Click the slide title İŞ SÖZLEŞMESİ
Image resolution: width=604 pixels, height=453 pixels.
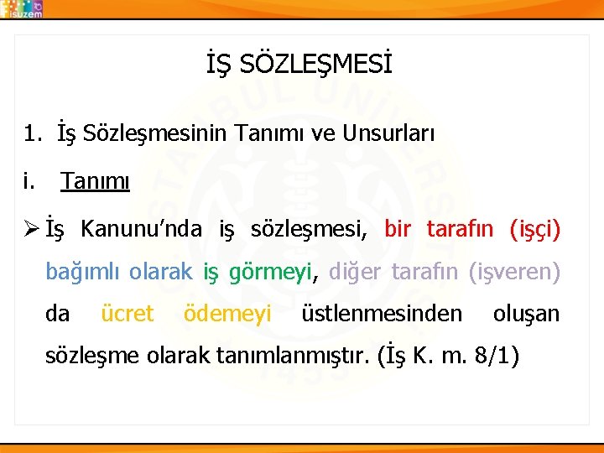[299, 64]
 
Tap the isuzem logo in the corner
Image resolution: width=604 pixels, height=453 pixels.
[23, 8]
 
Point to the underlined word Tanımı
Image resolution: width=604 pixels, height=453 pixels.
[95, 181]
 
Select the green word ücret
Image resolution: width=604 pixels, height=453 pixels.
[127, 314]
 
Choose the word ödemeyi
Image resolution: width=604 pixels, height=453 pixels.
[226, 314]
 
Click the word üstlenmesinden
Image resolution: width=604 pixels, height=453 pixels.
[381, 314]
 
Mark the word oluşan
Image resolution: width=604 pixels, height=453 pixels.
[525, 314]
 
